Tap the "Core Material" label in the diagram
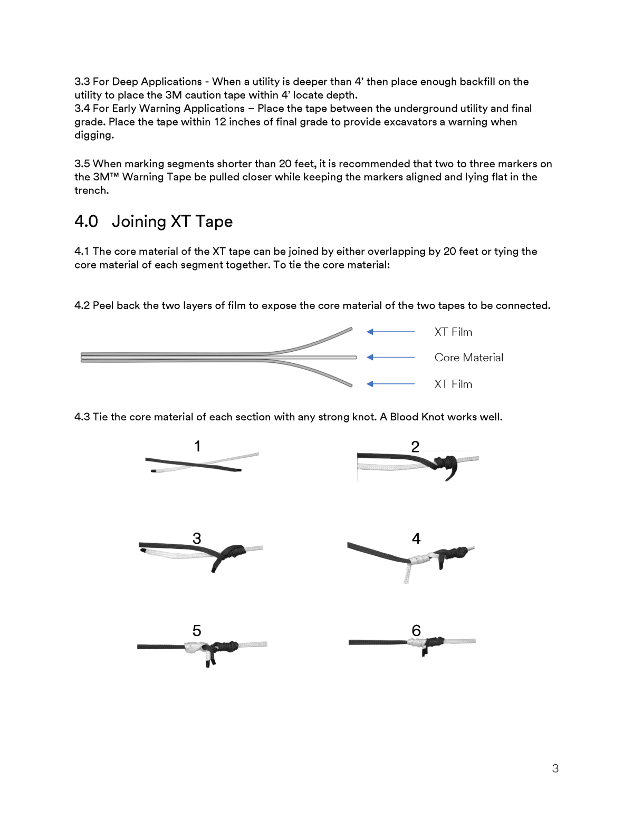(x=468, y=358)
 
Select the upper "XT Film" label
(x=453, y=332)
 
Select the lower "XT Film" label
(x=453, y=384)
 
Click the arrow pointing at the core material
(x=390, y=358)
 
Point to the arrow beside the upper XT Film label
(x=390, y=332)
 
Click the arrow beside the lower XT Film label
(x=390, y=384)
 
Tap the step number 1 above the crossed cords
(x=197, y=446)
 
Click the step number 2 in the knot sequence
(x=415, y=447)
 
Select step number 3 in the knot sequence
(x=197, y=538)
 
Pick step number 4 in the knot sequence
(x=416, y=538)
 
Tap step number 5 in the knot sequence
(x=197, y=631)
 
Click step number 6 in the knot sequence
(x=416, y=631)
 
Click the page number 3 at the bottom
(x=555, y=768)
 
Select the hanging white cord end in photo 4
(x=407, y=573)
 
